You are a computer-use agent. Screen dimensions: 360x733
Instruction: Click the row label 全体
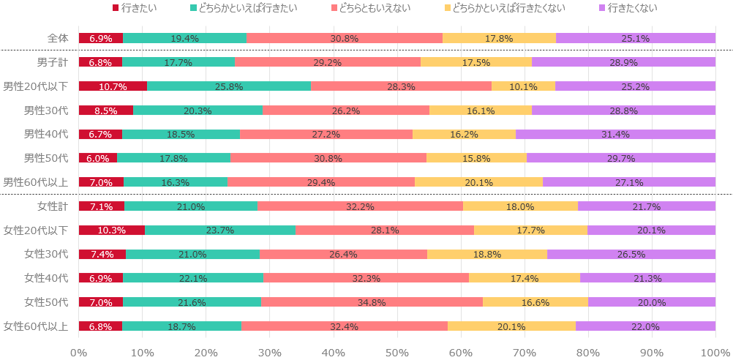point(56,38)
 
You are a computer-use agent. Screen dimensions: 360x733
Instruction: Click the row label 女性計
point(52,206)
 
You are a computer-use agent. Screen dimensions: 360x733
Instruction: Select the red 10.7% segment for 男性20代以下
point(113,86)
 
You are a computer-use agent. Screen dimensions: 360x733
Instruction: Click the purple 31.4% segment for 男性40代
point(615,134)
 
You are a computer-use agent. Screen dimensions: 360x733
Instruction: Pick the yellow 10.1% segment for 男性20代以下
point(523,86)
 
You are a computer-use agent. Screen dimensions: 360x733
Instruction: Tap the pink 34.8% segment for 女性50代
point(372,301)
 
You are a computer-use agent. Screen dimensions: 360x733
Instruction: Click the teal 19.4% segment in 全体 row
point(184,38)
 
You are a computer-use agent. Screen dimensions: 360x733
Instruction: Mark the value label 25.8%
point(229,86)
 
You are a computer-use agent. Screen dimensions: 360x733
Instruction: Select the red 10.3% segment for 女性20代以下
point(112,230)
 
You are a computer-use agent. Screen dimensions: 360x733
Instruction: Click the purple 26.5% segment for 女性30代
point(631,254)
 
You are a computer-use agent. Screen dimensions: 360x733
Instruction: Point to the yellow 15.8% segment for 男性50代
point(476,158)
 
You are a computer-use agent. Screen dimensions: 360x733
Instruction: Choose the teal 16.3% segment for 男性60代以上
point(176,182)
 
